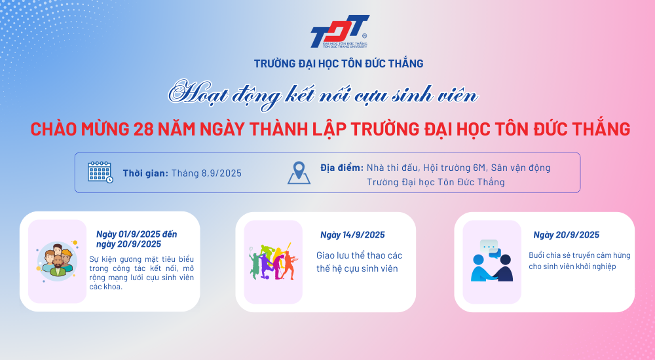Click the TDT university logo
tap(339, 31)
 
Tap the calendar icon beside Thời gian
tap(100, 172)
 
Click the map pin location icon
tap(299, 173)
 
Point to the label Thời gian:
tap(145, 173)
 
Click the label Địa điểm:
tap(342, 168)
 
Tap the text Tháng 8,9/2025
tap(206, 173)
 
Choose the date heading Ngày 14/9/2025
tap(352, 235)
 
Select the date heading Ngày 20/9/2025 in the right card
tap(567, 235)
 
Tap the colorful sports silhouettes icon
tap(274, 262)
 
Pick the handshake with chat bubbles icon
tap(492, 261)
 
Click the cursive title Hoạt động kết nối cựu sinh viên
tap(323, 95)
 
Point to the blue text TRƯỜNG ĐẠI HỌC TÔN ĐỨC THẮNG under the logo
tap(339, 63)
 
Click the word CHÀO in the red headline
tap(54, 129)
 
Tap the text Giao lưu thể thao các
tap(359, 255)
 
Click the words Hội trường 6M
tap(455, 168)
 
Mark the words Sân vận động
tap(521, 168)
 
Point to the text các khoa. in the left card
tap(105, 287)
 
